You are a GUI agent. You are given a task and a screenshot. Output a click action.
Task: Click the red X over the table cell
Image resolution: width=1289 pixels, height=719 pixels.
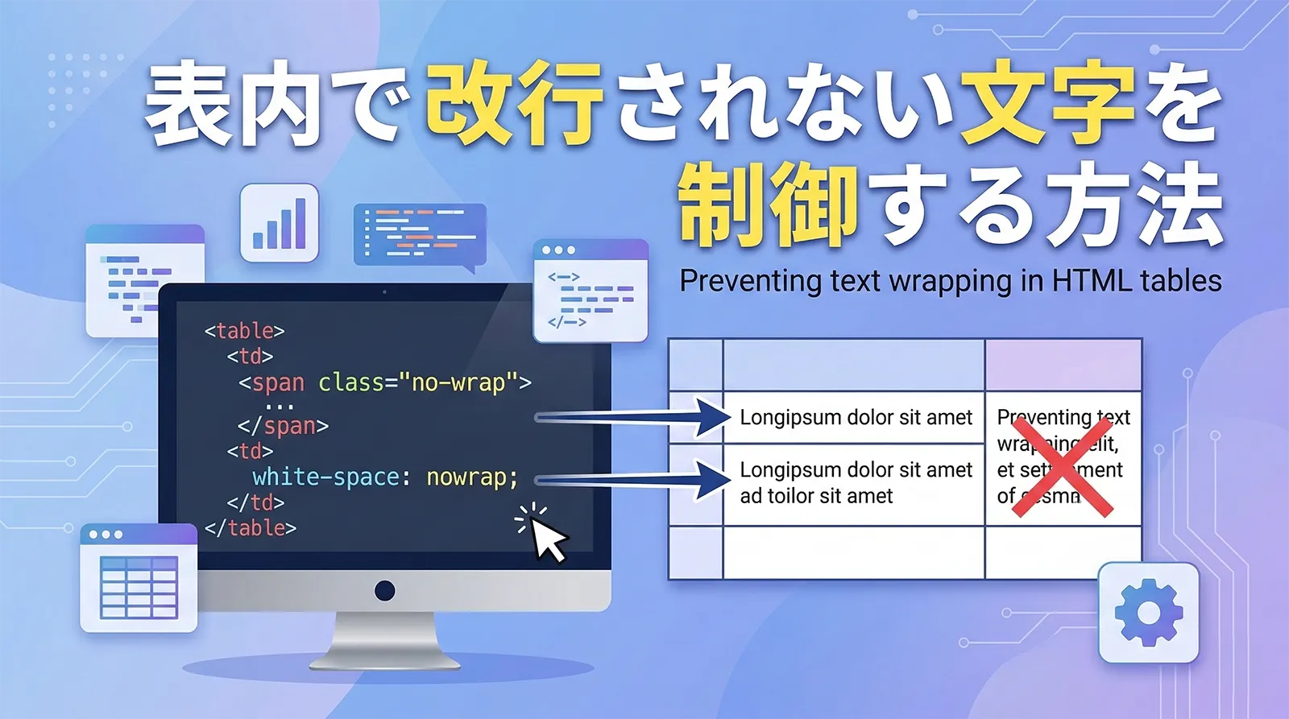click(1063, 472)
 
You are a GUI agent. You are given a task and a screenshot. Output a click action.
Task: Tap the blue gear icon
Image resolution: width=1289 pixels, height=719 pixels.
click(1148, 613)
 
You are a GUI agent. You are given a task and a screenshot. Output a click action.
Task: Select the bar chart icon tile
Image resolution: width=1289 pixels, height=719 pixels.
click(280, 223)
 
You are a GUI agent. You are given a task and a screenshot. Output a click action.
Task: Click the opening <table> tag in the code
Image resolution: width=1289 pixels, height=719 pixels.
click(244, 331)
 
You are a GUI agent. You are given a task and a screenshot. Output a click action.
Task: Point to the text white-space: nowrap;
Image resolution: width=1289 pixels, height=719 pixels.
click(385, 477)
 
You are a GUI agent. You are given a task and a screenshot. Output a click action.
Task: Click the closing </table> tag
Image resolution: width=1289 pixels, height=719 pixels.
click(251, 528)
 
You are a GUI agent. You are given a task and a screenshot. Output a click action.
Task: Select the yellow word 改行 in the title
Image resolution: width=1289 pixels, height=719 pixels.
click(514, 105)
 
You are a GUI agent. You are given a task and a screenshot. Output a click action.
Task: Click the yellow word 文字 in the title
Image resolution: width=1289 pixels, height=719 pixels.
click(1047, 105)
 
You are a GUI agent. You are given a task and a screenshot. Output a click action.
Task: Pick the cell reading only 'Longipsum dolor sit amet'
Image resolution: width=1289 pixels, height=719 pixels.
click(856, 417)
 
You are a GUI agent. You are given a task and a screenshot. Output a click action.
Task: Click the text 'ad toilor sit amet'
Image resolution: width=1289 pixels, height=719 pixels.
click(816, 496)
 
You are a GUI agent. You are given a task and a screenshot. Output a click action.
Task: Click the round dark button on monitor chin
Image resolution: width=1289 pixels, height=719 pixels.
click(385, 591)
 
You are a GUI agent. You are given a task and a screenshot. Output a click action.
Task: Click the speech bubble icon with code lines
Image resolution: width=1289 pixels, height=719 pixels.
click(420, 234)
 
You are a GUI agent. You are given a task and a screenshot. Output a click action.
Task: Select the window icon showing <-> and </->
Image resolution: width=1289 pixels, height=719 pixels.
click(591, 291)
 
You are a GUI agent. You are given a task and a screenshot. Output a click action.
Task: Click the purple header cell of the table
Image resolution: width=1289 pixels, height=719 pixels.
click(1063, 365)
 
